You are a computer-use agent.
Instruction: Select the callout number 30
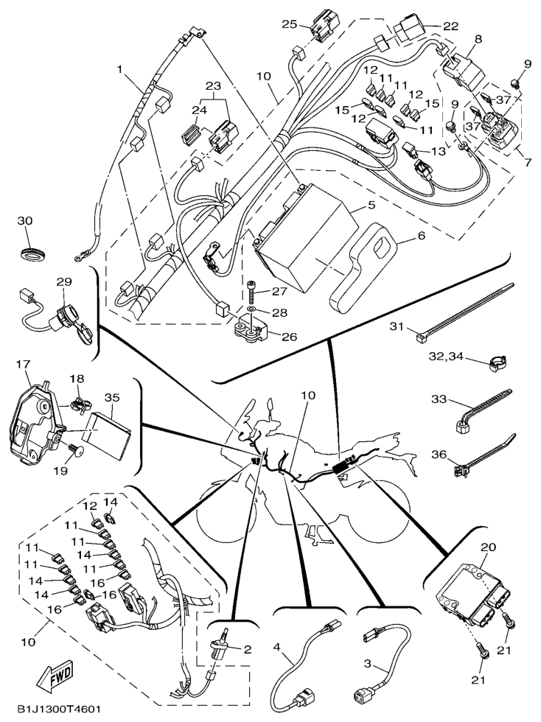(26, 221)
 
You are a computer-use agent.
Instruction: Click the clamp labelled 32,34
(500, 362)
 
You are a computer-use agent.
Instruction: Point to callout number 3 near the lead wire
(367, 664)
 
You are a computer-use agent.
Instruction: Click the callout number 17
(22, 363)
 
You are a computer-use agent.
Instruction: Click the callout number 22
(450, 26)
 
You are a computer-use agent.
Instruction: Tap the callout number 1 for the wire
(119, 70)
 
